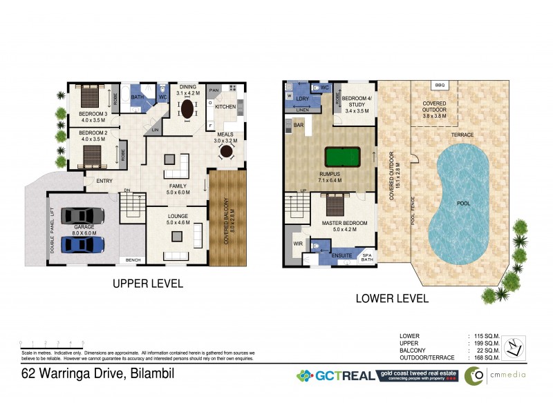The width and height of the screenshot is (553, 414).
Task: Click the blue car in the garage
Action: pyautogui.click(x=82, y=244)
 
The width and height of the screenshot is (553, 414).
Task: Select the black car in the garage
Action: pyautogui.click(x=82, y=216)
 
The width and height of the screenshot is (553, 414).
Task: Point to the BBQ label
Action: pyautogui.click(x=440, y=84)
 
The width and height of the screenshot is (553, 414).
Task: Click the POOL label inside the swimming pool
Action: pyautogui.click(x=464, y=204)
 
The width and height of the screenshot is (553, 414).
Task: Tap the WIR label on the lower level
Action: pyautogui.click(x=298, y=244)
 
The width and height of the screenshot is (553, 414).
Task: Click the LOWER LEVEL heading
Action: pyautogui.click(x=391, y=299)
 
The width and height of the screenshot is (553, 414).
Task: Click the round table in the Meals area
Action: pyautogui.click(x=225, y=155)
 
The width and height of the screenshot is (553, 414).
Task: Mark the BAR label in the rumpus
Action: pyautogui.click(x=299, y=126)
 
